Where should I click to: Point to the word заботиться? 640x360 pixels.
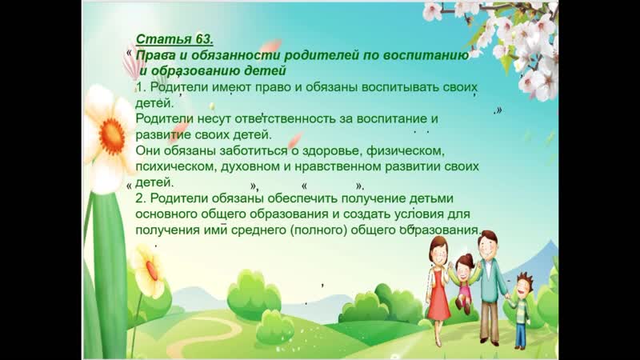[254, 150]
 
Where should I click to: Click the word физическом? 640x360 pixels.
[404, 150]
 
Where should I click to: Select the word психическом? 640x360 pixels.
[175, 166]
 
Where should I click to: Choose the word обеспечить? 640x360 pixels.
[302, 198]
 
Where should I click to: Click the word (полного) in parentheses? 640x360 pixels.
[318, 230]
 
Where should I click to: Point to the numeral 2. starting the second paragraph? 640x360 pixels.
[141, 198]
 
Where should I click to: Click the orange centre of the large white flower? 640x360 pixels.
[111, 137]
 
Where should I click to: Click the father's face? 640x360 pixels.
[487, 246]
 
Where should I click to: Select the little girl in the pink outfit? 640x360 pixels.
[463, 282]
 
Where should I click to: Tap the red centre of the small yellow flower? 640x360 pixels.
[152, 270]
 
